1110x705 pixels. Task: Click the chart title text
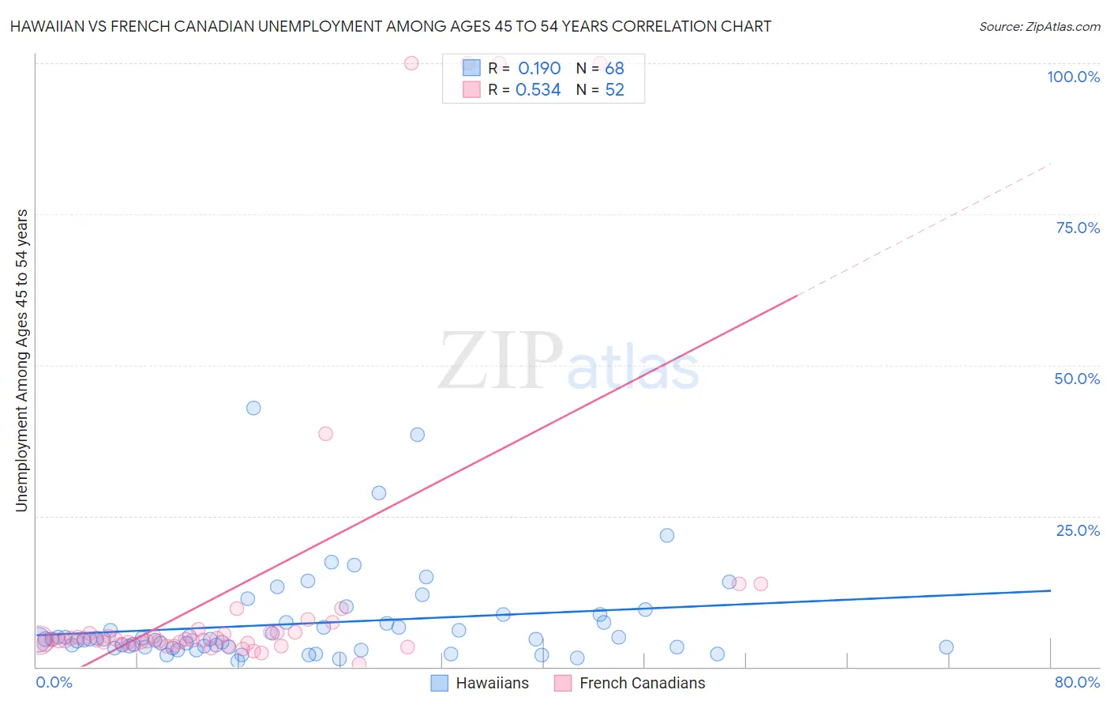[x=390, y=26]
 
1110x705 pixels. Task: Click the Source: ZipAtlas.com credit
[x=1039, y=26]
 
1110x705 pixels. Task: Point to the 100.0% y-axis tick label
[x=1073, y=77]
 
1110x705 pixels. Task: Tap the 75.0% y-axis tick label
[x=1078, y=228]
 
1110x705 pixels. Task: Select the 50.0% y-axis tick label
[x=1077, y=379]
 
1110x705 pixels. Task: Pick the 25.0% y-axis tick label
[x=1078, y=530]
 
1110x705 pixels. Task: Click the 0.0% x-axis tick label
[x=54, y=682]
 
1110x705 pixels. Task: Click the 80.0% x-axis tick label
[x=1077, y=682]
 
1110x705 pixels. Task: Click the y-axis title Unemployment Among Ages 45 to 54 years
[x=21, y=360]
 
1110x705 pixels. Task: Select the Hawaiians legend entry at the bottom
[x=480, y=683]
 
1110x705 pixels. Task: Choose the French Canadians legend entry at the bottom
[x=630, y=683]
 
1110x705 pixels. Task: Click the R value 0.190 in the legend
[x=539, y=68]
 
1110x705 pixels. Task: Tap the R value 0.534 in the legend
[x=538, y=90]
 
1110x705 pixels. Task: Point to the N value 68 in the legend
[x=614, y=68]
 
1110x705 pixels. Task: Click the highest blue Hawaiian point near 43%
[x=253, y=408]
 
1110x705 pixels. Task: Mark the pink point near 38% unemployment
[x=325, y=433]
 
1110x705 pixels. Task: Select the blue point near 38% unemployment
[x=418, y=434]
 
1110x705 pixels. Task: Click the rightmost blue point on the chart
[x=946, y=647]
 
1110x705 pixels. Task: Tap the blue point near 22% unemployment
[x=667, y=535]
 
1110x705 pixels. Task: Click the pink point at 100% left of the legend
[x=411, y=63]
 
